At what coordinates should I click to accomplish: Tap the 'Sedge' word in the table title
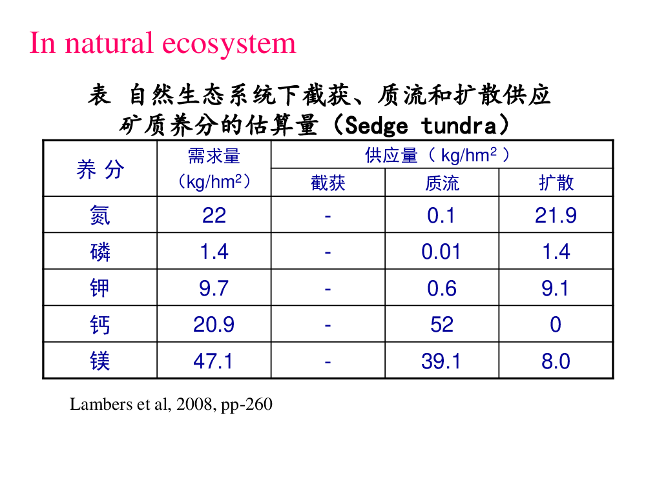point(377,126)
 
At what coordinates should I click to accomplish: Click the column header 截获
point(328,183)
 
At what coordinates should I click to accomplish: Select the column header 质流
point(442,183)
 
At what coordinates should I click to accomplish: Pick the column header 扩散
point(556,183)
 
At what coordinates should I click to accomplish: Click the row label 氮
point(100,216)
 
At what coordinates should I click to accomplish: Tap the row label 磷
point(100,252)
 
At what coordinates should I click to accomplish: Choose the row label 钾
point(100,288)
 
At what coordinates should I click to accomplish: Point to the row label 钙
point(100,325)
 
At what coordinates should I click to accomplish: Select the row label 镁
point(100,361)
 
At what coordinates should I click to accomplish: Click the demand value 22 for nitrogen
point(214,216)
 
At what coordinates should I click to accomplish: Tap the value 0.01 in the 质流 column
point(441,252)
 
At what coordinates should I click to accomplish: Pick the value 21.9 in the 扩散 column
point(556,216)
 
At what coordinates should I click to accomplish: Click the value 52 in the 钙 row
point(442,325)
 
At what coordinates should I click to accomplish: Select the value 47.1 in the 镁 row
point(213,361)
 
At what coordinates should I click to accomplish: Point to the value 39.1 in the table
point(441,361)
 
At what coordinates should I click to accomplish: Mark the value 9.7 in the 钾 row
point(214,288)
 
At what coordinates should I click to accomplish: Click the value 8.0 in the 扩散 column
point(556,361)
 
